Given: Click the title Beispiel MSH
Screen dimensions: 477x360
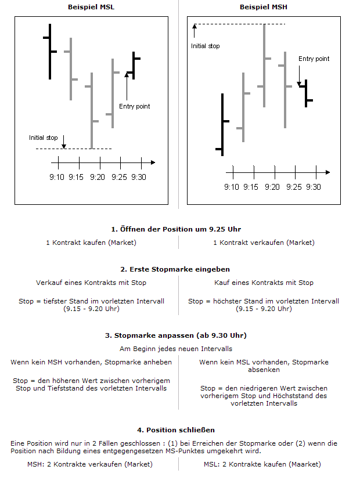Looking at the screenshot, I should point(263,6).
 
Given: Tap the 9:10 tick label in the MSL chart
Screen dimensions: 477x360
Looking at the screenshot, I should point(57,177).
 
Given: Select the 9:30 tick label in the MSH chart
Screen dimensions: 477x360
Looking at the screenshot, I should point(313,187).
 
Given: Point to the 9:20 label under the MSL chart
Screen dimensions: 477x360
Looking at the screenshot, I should point(98,177).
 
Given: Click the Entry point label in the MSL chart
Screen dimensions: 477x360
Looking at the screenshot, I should point(134,106).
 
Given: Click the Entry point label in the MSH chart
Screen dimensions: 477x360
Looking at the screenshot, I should point(314,59).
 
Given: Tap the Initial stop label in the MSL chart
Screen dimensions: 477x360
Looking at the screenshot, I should point(44,138).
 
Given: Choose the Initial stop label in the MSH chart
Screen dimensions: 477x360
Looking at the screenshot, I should point(206,45).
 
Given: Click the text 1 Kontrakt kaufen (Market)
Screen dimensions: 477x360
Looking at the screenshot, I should point(91,243).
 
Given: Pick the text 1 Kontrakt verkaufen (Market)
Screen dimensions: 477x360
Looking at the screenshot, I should point(264,243).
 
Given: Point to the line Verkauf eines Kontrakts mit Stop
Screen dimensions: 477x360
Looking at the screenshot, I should point(91,283).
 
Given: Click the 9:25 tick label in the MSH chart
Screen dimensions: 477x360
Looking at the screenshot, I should point(294,187).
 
